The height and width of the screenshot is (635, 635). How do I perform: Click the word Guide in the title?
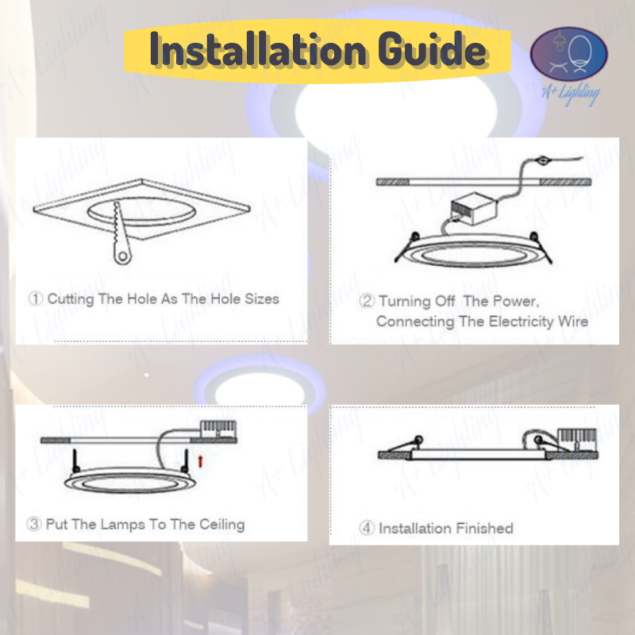(x=432, y=48)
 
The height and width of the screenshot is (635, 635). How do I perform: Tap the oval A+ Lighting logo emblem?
(x=568, y=54)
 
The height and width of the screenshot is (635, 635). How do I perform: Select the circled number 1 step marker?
(x=36, y=298)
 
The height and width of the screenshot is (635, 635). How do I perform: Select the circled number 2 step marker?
(x=367, y=301)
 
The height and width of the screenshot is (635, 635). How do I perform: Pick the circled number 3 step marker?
(x=34, y=524)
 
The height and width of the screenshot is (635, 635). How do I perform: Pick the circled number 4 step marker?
(x=367, y=528)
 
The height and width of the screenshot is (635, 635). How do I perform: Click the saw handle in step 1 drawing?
(x=122, y=254)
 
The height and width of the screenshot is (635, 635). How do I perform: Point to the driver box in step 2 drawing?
(x=474, y=209)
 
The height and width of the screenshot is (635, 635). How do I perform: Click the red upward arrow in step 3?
(x=200, y=461)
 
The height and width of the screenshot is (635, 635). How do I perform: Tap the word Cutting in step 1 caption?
(x=71, y=299)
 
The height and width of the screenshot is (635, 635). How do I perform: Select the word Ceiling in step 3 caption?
(x=222, y=525)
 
